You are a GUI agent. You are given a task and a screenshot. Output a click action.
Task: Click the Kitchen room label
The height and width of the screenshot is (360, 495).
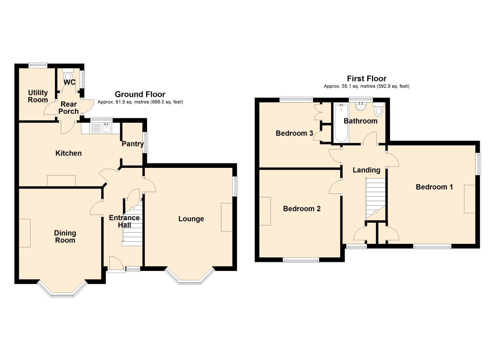(68, 153)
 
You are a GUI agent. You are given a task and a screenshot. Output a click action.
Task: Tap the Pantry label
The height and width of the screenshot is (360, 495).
(133, 144)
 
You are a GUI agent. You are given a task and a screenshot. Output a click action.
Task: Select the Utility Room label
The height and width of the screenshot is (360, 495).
(38, 96)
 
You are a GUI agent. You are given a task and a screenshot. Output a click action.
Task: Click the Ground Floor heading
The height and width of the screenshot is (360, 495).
(140, 94)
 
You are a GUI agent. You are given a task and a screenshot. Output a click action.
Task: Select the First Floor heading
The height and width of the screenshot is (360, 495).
(366, 79)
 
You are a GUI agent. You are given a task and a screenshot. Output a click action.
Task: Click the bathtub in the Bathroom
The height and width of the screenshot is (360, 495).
(341, 122)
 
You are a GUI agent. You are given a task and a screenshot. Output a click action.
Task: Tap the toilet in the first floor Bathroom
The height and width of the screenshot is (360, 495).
(379, 109)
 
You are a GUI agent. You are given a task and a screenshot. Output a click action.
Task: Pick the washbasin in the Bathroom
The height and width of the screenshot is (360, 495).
(360, 106)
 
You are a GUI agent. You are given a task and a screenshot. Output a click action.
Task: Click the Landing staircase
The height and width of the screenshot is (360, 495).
(376, 198)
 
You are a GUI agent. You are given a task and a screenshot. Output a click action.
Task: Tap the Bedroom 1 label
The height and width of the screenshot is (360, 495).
(434, 187)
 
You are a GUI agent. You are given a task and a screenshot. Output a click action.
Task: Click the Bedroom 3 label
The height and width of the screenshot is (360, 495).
(294, 133)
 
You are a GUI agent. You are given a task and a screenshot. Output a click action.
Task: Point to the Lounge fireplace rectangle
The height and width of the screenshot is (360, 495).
(227, 217)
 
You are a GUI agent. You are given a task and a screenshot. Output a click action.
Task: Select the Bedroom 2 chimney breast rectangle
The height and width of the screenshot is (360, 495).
(265, 211)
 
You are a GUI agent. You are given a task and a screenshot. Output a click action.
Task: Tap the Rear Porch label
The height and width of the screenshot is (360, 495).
(68, 108)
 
